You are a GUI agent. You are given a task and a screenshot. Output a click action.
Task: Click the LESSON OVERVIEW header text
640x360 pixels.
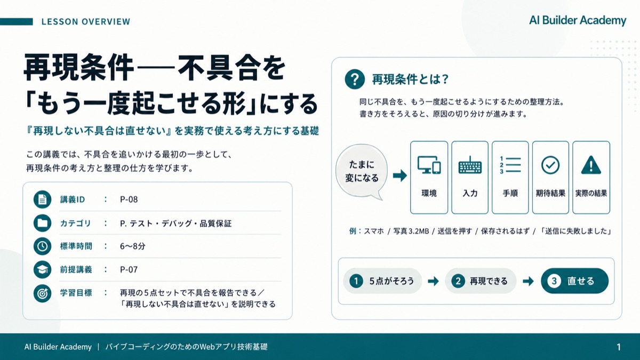point(86,22)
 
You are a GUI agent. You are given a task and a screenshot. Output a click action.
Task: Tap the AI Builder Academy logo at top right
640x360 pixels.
point(578,20)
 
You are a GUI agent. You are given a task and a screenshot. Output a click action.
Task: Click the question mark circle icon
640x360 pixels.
point(355,79)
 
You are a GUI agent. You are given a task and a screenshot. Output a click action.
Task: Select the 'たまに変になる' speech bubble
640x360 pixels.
point(362,171)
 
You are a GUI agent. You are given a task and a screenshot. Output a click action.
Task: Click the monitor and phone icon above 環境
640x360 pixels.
point(429,165)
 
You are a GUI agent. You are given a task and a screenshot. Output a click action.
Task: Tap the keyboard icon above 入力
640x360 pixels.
point(470,165)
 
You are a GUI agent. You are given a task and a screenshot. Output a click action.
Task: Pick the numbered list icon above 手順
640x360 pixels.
point(510,165)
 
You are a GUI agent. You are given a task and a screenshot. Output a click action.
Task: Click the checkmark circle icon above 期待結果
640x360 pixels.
point(550,165)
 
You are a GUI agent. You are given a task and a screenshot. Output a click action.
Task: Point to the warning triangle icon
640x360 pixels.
point(591,165)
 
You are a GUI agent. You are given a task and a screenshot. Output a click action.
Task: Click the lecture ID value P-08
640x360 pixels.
point(129,199)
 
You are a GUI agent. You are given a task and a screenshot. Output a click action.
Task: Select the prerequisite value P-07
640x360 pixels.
point(129,269)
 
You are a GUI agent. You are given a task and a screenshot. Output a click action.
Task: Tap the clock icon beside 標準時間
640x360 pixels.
point(42,246)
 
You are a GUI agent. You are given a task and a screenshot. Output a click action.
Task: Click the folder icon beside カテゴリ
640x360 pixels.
point(42,223)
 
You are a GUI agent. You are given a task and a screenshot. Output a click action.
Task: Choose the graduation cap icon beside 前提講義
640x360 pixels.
point(42,269)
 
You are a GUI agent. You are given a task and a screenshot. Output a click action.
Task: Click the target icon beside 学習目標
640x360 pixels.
point(42,293)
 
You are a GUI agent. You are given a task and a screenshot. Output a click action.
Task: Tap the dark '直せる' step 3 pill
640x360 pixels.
point(574,281)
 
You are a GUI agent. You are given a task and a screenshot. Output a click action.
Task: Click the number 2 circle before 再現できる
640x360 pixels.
point(458,281)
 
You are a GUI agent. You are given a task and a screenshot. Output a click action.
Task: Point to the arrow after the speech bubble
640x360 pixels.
point(400,175)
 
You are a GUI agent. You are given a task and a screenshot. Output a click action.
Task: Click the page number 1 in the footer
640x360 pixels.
point(619,347)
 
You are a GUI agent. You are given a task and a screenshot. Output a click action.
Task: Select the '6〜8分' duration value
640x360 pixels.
point(133,246)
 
